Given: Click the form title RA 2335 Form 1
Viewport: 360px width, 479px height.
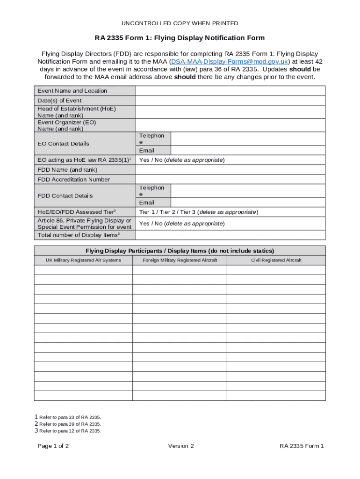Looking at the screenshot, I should [180, 38].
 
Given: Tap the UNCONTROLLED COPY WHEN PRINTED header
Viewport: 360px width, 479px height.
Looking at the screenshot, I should [180, 23].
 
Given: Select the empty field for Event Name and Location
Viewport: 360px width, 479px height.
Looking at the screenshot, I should [230, 91].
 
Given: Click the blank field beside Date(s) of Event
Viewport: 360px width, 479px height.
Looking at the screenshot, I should [230, 101].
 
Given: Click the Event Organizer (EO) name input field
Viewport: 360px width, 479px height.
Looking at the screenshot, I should [230, 125].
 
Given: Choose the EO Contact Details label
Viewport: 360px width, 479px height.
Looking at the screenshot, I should [63, 144].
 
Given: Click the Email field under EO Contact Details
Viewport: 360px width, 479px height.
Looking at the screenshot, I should [248, 151].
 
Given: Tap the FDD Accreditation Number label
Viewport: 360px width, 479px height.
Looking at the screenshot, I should [74, 180].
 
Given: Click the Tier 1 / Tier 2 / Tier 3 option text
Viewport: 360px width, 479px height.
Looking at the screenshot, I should [198, 212].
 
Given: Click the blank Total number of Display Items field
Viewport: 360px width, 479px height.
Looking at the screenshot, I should [230, 235].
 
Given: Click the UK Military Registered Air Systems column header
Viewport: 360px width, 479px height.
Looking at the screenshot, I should [83, 260].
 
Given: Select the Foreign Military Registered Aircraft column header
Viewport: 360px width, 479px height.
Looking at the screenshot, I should [180, 260].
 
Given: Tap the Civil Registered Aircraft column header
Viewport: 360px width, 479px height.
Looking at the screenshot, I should [276, 260].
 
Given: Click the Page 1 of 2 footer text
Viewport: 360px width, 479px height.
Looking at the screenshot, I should [53, 446].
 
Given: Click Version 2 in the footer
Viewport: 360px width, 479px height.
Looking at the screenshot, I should [181, 446].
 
